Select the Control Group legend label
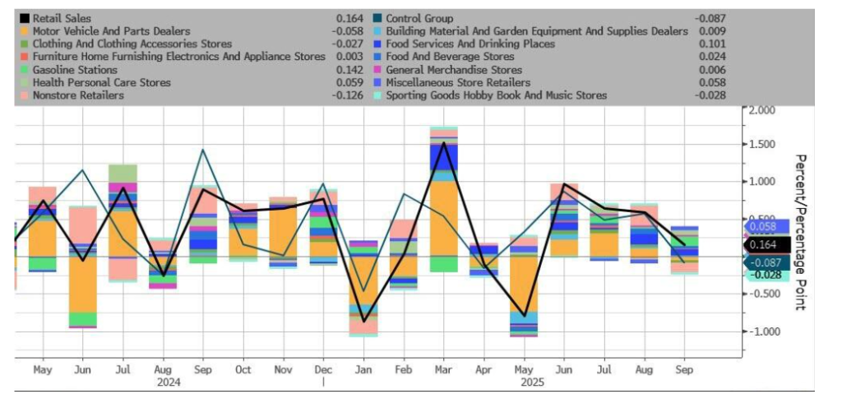pos(419,18)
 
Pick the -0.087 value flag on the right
pos(765,262)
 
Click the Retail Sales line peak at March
pos(444,144)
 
